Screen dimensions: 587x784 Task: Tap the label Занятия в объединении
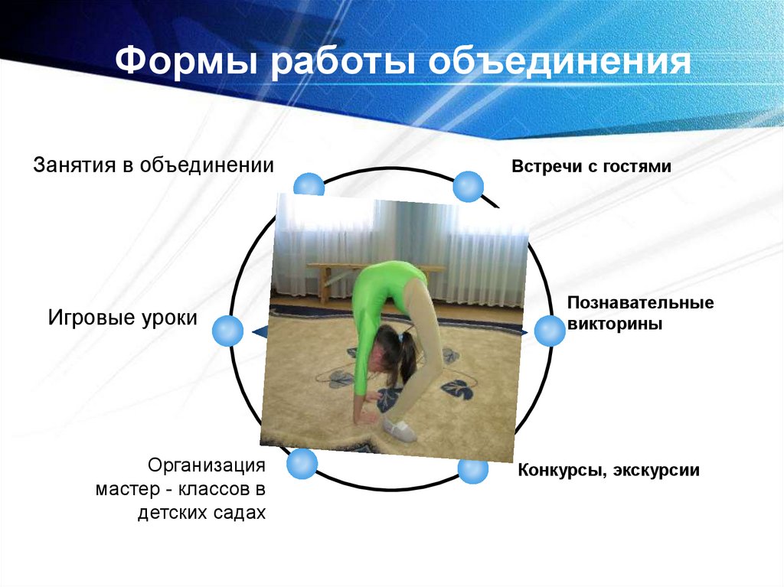click(153, 165)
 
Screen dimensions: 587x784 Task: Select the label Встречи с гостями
click(591, 166)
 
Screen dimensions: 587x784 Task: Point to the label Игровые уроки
click(122, 318)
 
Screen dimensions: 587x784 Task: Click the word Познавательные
click(640, 303)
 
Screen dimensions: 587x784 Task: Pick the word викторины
click(614, 324)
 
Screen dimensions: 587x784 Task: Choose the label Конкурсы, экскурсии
click(608, 469)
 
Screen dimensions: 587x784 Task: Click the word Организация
click(207, 465)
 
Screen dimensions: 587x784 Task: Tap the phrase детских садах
click(201, 512)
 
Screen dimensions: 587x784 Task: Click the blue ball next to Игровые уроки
click(226, 331)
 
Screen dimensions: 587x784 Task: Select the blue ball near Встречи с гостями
click(468, 186)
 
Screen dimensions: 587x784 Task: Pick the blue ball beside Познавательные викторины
click(549, 331)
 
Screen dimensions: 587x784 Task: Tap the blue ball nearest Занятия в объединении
click(309, 186)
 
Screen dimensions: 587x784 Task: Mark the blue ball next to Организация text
click(302, 464)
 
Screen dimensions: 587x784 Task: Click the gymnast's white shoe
click(400, 429)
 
